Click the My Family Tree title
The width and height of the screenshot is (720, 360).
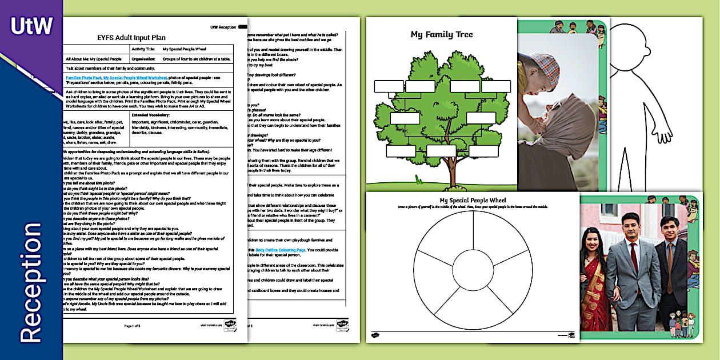tap(442, 35)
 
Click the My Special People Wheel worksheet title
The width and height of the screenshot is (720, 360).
tap(473, 201)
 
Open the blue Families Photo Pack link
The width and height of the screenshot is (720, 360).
tap(83, 77)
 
